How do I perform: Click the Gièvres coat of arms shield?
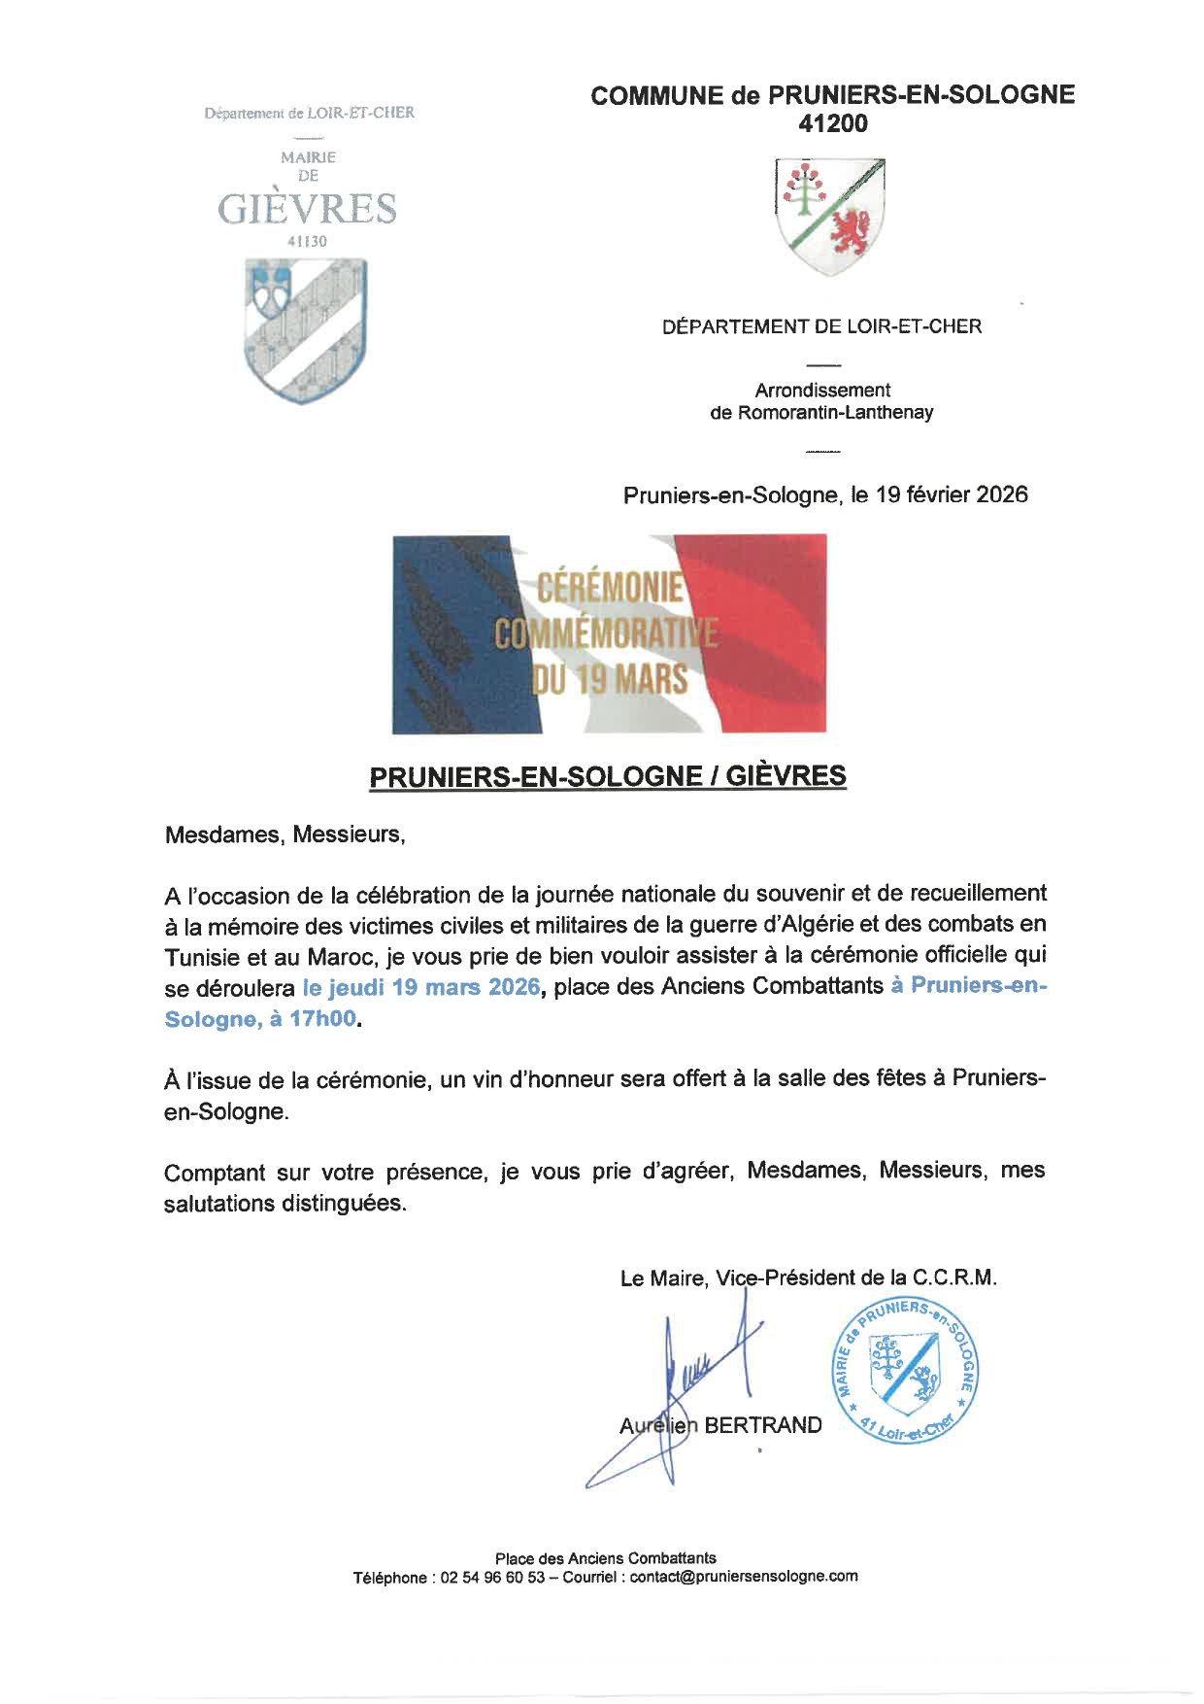coord(306,330)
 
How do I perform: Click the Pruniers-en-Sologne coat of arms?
coord(830,216)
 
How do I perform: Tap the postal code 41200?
coord(832,123)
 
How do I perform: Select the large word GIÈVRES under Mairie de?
coord(307,209)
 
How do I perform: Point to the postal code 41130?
coord(307,241)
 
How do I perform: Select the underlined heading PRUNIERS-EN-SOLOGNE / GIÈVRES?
coord(608,776)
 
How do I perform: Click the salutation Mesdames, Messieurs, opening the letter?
coord(284,835)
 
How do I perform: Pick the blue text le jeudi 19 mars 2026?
coord(420,987)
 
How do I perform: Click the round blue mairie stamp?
coord(906,1371)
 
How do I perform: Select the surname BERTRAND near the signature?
coord(763,1425)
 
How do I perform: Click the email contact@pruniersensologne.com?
coord(743,1577)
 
